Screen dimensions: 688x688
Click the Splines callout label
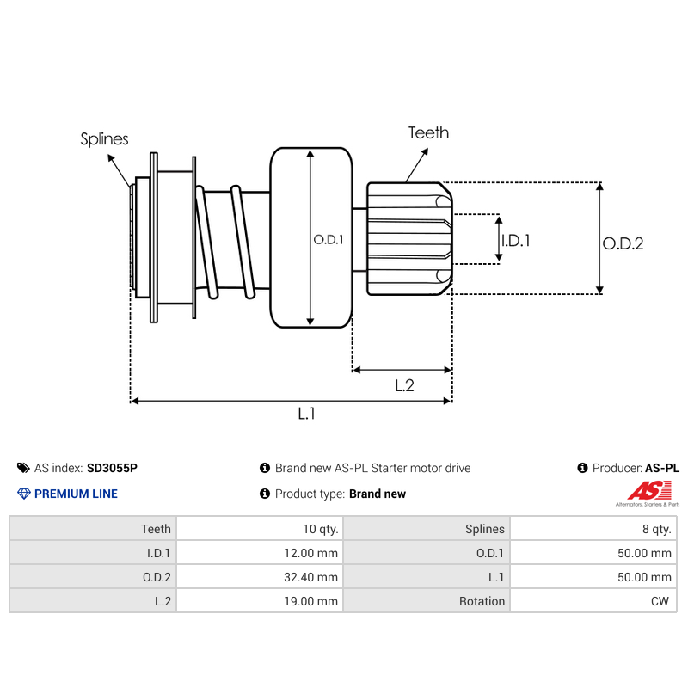pos(104,138)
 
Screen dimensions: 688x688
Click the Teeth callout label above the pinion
pos(428,132)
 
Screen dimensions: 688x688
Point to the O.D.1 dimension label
pos(329,240)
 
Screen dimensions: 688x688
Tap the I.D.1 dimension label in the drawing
pos(515,241)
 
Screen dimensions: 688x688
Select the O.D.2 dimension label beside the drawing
pos(623,243)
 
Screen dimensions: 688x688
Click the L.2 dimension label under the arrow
pos(404,385)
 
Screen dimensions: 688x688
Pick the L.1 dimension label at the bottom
pos(307,414)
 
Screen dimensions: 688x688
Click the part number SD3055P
pos(112,469)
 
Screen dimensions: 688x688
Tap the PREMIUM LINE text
pos(76,494)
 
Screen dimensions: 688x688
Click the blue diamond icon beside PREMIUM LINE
pos(23,494)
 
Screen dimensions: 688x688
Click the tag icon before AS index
pos(23,469)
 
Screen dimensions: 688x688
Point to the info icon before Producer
pos(583,469)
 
